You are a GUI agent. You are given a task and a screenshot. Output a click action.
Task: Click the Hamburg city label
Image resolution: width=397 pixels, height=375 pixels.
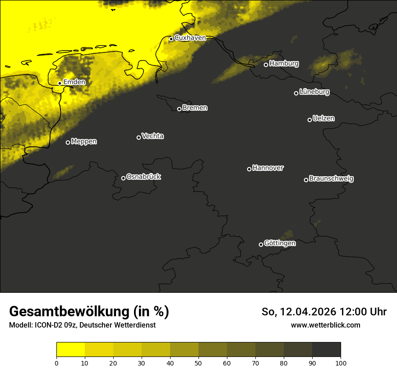click(284, 64)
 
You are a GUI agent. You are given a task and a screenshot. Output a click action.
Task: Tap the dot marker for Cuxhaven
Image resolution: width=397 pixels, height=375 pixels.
click(171, 39)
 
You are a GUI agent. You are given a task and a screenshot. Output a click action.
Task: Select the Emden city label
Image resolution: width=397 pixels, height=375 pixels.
click(74, 82)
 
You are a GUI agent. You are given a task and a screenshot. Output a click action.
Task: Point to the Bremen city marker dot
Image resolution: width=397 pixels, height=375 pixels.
click(179, 109)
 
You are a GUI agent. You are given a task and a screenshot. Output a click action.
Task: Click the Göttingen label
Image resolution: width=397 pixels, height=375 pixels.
click(280, 244)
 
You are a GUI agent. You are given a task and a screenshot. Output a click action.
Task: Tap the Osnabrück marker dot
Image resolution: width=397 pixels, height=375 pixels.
click(123, 178)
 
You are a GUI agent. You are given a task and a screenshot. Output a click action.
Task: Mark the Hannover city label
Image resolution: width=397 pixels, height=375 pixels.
click(268, 168)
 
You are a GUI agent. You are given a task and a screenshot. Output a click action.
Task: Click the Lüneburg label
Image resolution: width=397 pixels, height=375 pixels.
click(314, 92)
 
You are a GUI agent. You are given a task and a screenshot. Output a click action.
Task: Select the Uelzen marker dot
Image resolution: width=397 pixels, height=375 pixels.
click(309, 120)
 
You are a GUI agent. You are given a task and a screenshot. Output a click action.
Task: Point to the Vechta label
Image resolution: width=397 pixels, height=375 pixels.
click(152, 136)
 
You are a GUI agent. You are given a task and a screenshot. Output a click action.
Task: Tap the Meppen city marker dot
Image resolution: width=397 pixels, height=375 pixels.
click(68, 142)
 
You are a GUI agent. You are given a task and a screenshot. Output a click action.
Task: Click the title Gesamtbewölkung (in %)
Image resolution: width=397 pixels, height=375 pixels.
click(89, 311)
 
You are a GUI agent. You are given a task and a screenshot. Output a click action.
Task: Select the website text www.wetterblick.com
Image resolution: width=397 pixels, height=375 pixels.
click(325, 325)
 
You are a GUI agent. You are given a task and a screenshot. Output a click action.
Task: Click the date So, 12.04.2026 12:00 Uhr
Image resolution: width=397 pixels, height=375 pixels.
click(324, 312)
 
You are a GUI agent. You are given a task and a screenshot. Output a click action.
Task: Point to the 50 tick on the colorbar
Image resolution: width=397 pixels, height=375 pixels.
click(198, 363)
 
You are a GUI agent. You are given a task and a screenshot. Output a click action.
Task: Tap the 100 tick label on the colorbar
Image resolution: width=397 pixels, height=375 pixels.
click(341, 363)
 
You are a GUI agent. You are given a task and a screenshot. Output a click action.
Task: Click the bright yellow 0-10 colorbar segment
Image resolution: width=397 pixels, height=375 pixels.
click(70, 350)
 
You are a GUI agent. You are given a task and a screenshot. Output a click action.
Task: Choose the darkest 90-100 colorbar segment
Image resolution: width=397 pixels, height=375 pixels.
click(326, 350)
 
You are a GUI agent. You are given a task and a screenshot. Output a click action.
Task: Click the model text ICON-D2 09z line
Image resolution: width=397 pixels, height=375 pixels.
click(82, 325)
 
